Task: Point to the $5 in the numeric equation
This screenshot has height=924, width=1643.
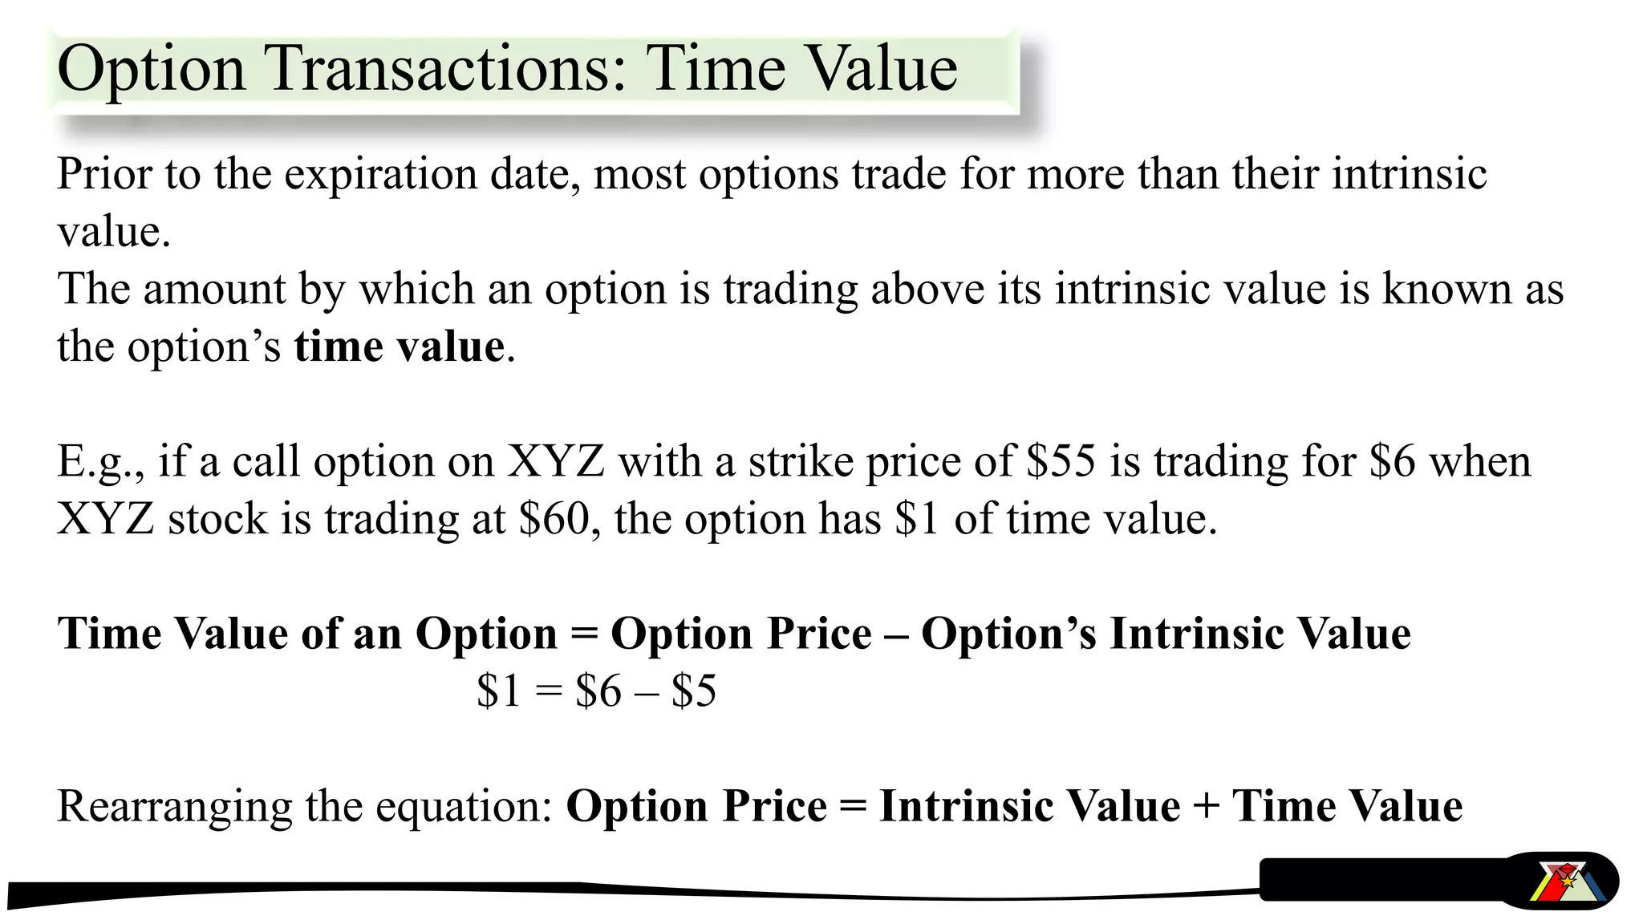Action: (x=694, y=691)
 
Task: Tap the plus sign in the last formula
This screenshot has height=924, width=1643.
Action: (x=1206, y=807)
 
